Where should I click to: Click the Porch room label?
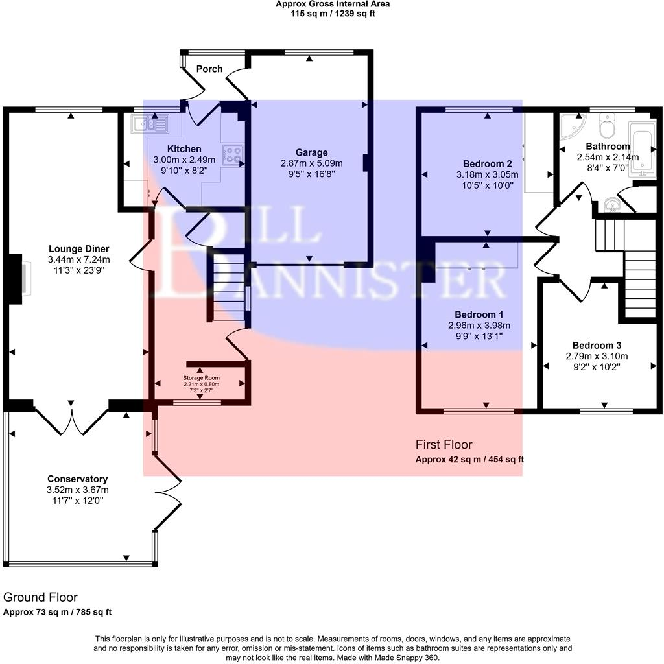click(209, 69)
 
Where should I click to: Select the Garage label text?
click(312, 153)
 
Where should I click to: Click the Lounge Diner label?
click(79, 249)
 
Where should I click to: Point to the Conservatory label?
click(77, 479)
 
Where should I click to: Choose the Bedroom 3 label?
click(597, 345)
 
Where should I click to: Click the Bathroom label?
click(608, 146)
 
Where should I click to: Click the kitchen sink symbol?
click(149, 123)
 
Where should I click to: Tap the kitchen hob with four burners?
click(233, 154)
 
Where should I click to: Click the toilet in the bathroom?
click(608, 126)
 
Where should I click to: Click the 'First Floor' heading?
click(444, 445)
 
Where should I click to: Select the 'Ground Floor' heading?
click(40, 597)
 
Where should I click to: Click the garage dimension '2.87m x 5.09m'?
click(312, 163)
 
